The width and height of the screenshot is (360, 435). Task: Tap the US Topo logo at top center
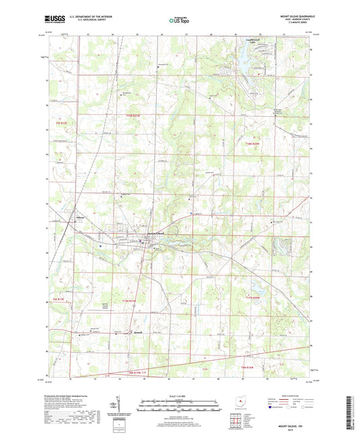(177, 22)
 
